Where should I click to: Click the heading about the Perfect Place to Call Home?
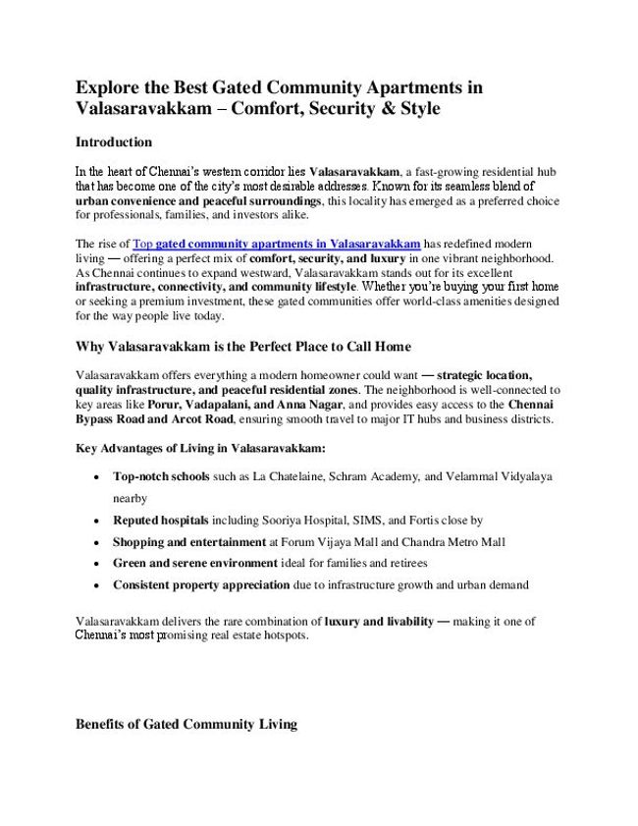coord(242,347)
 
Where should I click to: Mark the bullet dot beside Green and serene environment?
coord(92,564)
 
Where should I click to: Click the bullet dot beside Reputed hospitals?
coord(92,521)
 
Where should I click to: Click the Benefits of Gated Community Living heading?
coord(186,726)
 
